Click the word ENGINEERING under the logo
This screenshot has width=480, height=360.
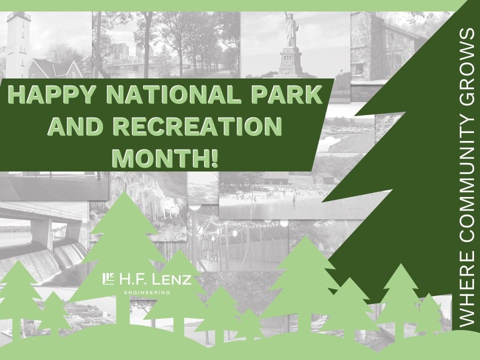click(147, 293)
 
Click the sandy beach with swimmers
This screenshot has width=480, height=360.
click(269, 196)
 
